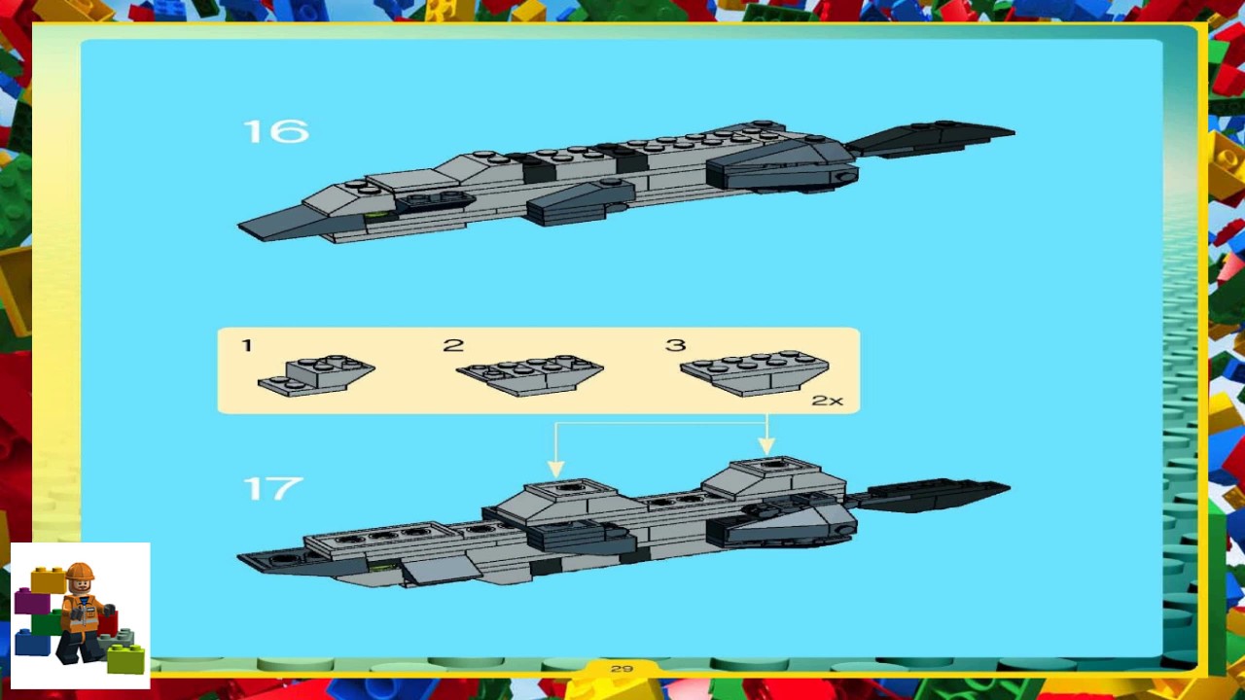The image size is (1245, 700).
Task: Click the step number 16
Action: coord(275,131)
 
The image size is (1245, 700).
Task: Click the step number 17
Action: coord(272,488)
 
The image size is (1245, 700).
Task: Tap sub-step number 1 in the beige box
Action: coord(247,345)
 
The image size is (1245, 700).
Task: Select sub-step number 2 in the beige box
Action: coord(453,346)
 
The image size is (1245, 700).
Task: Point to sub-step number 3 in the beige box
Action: coord(676,345)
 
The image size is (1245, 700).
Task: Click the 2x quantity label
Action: coord(827,400)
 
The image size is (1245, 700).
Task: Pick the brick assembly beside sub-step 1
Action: coord(317,374)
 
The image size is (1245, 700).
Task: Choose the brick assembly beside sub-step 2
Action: coord(530,374)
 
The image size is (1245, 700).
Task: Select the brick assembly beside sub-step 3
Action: coord(755,373)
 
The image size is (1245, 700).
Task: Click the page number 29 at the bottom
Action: coord(622,669)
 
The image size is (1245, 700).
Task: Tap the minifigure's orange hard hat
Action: coord(79,571)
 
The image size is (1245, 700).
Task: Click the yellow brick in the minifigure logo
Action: coord(47,580)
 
